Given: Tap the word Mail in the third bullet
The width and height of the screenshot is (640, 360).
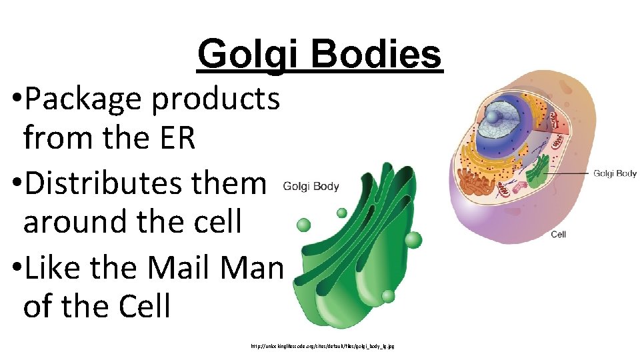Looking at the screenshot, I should click(x=183, y=268).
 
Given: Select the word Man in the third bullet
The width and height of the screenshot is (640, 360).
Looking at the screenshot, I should click(x=255, y=268).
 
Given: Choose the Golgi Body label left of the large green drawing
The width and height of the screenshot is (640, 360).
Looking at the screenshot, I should click(x=311, y=187).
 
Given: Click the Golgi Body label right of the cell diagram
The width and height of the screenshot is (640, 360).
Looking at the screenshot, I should click(x=615, y=173).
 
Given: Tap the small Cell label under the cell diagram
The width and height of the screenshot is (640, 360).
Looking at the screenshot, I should click(x=558, y=235).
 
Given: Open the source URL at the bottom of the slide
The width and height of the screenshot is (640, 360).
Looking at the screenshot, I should click(x=323, y=347).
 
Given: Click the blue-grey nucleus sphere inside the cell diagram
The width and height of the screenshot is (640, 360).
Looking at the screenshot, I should click(x=496, y=118).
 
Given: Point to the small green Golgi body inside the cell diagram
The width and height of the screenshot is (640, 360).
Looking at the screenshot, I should click(x=537, y=171).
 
